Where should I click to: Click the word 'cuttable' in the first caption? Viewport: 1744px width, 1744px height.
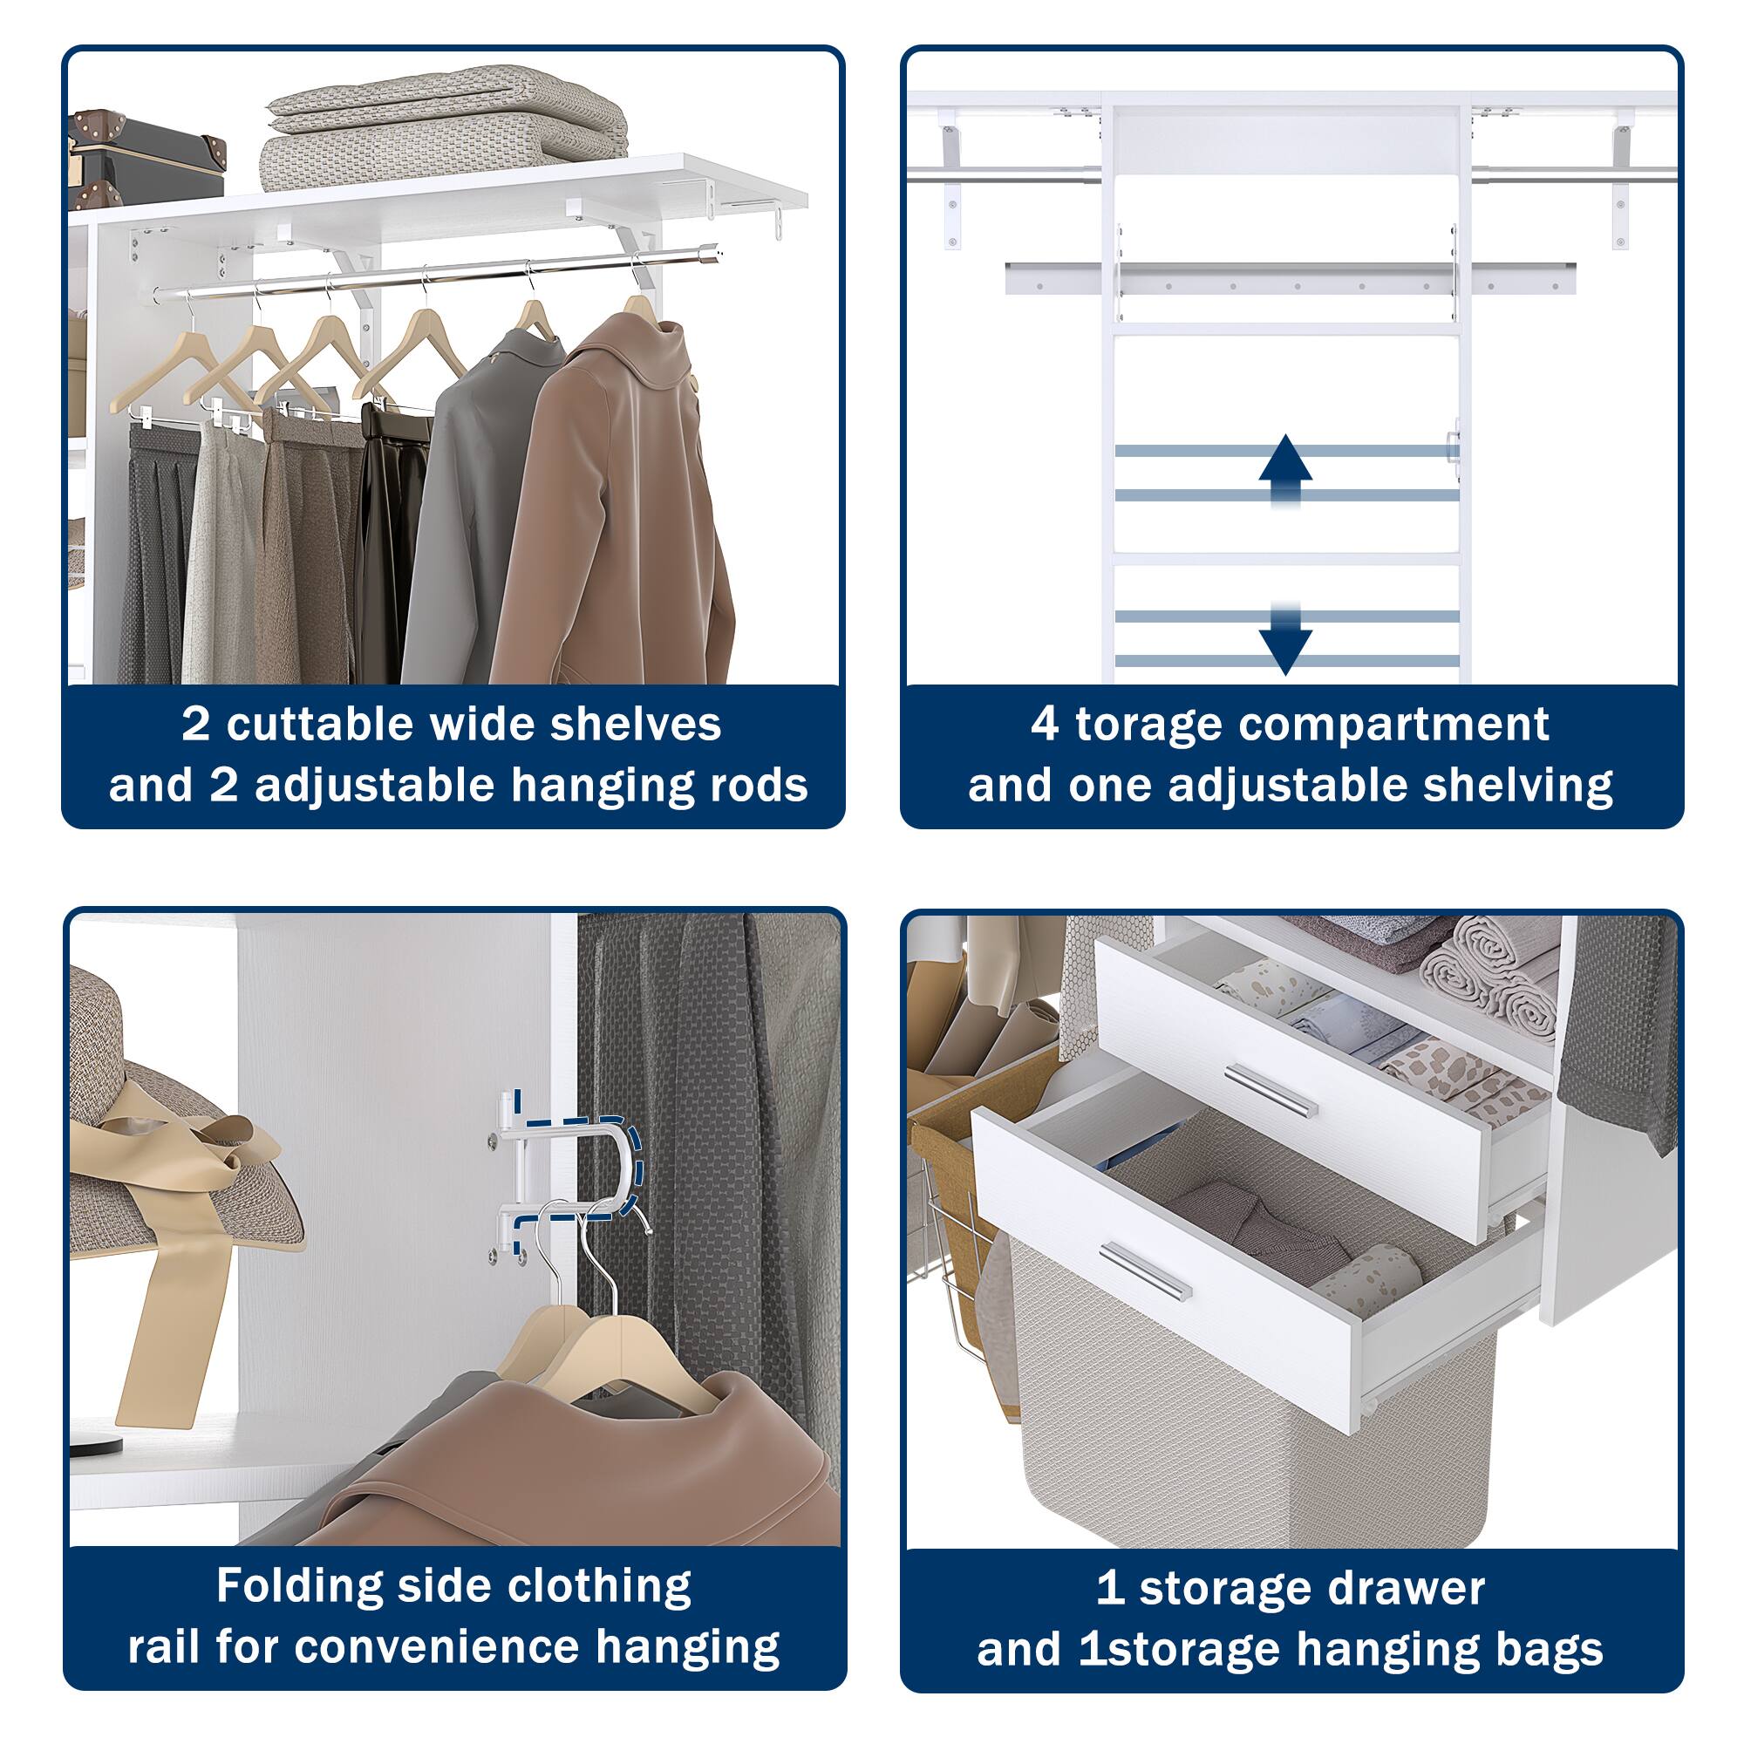tap(319, 724)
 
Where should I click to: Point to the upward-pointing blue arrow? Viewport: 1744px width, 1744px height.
tap(1284, 470)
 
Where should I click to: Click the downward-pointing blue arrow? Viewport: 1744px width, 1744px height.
tap(1284, 637)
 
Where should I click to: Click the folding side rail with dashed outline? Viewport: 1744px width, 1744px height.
tap(563, 1174)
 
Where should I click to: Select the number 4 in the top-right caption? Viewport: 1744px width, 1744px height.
tap(1045, 725)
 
